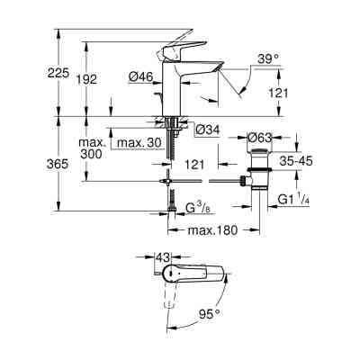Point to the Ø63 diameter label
click(x=261, y=138)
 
